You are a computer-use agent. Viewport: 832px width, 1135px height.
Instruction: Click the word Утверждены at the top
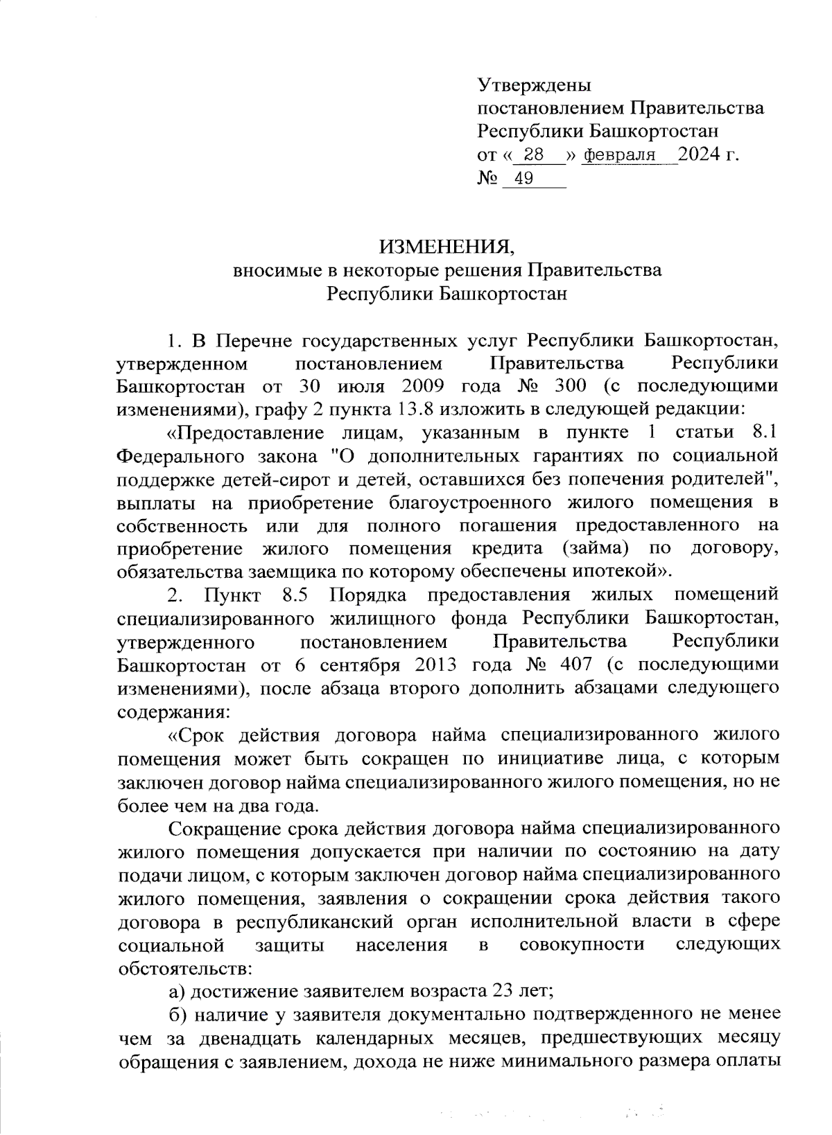(535, 86)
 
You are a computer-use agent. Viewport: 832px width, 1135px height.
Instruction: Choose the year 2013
(436, 665)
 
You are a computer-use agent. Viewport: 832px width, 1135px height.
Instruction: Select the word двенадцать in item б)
(237, 1037)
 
